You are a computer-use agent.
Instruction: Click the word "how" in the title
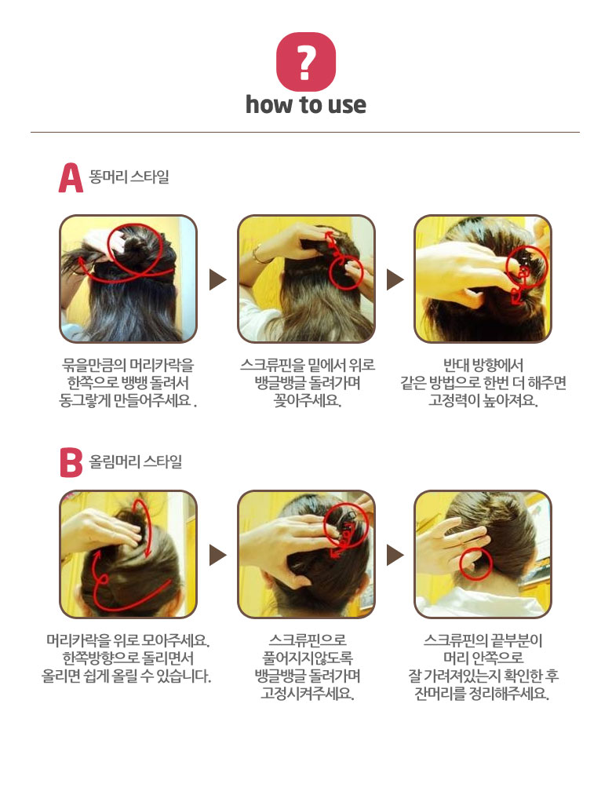(x=269, y=105)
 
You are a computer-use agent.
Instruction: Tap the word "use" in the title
(x=347, y=105)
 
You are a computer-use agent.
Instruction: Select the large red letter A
(x=71, y=178)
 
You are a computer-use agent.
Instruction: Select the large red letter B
(x=71, y=462)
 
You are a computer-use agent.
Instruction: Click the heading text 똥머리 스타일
(x=129, y=177)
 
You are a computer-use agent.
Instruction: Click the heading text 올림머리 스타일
(x=135, y=461)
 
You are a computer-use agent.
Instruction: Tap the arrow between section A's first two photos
(x=217, y=279)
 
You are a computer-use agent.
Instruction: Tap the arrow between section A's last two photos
(x=395, y=279)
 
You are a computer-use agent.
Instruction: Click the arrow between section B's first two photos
(x=217, y=555)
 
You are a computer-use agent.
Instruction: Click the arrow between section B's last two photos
(x=395, y=555)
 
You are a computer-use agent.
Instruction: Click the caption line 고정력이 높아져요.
(x=483, y=400)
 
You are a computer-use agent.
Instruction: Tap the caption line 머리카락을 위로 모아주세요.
(x=128, y=640)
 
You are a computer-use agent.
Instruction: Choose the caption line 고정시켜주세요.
(x=307, y=694)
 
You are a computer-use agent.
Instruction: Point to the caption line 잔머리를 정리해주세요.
(x=482, y=694)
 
